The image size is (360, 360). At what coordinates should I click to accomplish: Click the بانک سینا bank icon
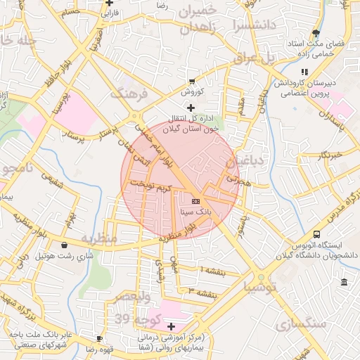(x=195, y=202)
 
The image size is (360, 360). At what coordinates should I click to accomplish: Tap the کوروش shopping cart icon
(x=192, y=81)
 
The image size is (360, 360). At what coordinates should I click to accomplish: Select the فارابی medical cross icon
(x=108, y=3)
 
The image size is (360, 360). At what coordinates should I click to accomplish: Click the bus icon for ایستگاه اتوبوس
(x=316, y=234)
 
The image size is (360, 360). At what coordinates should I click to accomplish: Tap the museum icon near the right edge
(x=344, y=282)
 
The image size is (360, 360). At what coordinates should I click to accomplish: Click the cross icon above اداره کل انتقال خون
(x=191, y=107)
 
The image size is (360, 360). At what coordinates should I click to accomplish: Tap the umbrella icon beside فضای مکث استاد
(x=316, y=32)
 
